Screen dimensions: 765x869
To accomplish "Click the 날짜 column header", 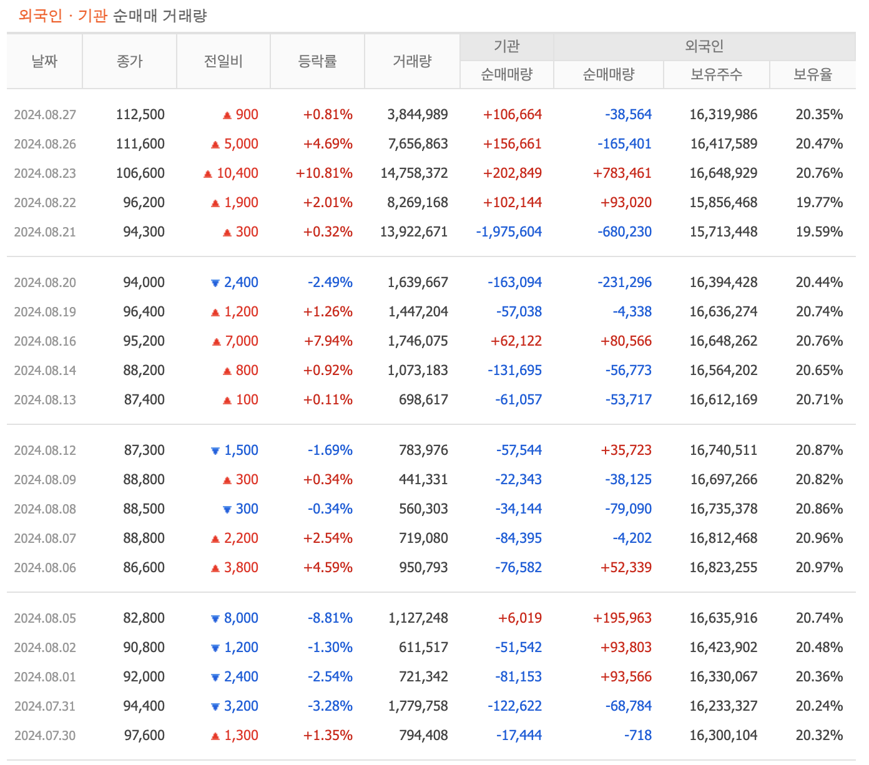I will click(x=44, y=61).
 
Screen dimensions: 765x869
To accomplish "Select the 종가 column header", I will click(x=129, y=61).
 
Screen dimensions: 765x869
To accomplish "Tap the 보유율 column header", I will click(x=812, y=75).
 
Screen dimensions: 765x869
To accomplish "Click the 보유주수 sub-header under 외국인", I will click(x=716, y=75).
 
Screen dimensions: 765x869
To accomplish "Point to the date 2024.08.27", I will click(x=45, y=115).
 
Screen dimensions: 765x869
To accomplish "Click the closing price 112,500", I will click(x=140, y=115).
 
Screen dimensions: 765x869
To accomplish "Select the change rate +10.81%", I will click(x=324, y=173).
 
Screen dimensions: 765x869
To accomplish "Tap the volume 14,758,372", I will click(x=414, y=173).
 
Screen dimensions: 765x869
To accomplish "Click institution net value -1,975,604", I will click(x=509, y=232).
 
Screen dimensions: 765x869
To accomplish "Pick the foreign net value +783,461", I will click(x=622, y=173).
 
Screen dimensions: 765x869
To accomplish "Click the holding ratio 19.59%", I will click(x=819, y=232).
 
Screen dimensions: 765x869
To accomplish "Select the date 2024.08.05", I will click(x=45, y=618).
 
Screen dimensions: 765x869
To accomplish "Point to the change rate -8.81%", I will click(x=330, y=618).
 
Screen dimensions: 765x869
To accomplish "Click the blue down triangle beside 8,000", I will click(x=215, y=619).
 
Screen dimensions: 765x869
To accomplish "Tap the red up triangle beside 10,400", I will click(x=208, y=174).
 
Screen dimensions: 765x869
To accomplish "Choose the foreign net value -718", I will click(x=637, y=736).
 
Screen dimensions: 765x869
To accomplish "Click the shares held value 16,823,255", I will click(x=723, y=568).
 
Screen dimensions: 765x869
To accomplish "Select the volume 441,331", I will click(x=423, y=480).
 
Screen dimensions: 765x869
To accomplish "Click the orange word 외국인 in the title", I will click(x=40, y=16).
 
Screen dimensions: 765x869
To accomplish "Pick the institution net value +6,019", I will click(x=519, y=618).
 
